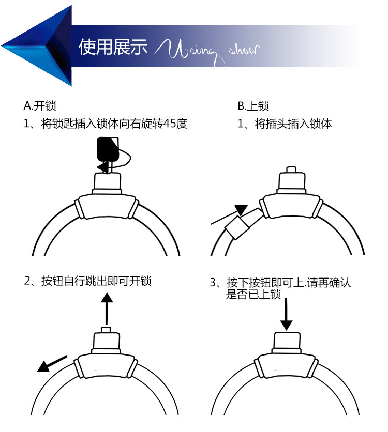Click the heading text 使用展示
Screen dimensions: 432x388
pyautogui.click(x=113, y=48)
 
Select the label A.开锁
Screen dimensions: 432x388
pyautogui.click(x=40, y=106)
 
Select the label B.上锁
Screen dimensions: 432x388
pyautogui.click(x=253, y=106)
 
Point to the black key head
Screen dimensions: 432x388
pyautogui.click(x=108, y=148)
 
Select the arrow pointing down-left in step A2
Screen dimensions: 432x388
pyautogui.click(x=52, y=363)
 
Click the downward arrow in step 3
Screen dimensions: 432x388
pyautogui.click(x=286, y=313)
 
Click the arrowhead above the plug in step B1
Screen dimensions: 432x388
pyautogui.click(x=241, y=210)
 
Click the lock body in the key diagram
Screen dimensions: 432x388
pyautogui.click(x=107, y=207)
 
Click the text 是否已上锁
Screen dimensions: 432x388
pyautogui.click(x=253, y=295)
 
